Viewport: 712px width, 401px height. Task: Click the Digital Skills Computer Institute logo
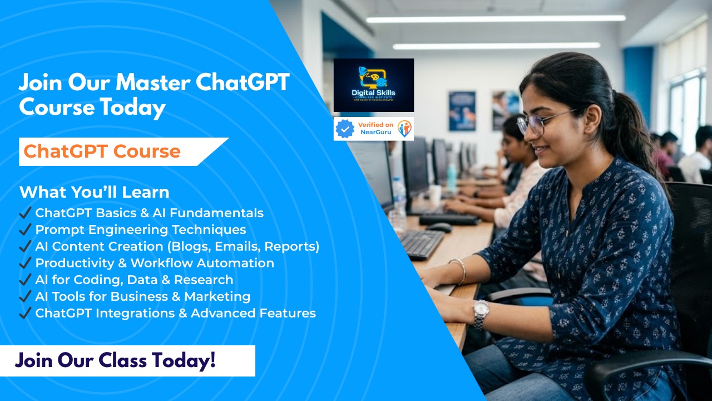[x=373, y=85]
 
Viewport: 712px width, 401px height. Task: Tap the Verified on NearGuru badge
[x=373, y=129]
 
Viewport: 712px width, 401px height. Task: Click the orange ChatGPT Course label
[x=102, y=151]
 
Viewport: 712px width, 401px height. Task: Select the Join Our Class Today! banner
[x=115, y=360]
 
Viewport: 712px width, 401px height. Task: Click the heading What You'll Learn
[x=94, y=192]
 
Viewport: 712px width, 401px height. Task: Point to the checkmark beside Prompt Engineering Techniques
[x=24, y=229]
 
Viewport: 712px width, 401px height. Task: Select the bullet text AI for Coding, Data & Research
[x=134, y=280]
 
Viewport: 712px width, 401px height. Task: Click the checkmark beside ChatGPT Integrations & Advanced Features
[x=24, y=313]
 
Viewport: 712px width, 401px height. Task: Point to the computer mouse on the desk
[x=439, y=227]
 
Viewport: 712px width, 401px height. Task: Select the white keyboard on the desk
[x=421, y=243]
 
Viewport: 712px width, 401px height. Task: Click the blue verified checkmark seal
[x=345, y=129]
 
